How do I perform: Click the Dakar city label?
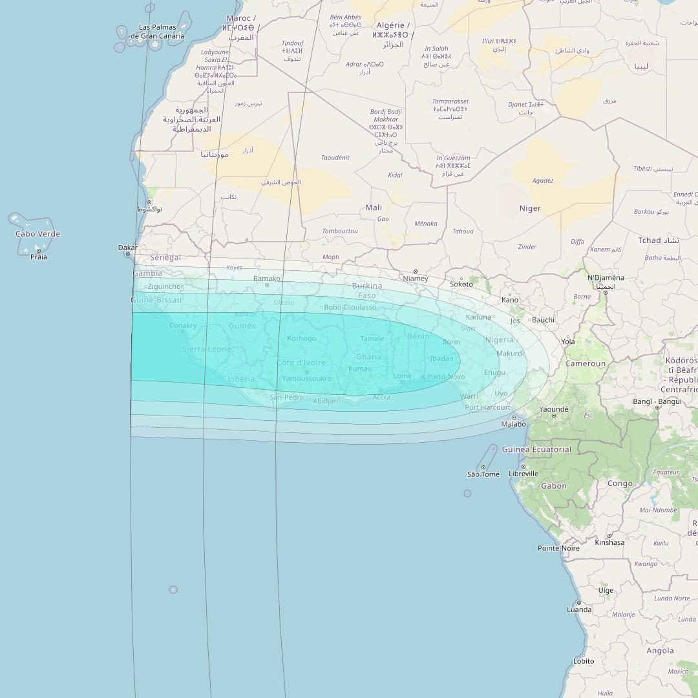pyautogui.click(x=127, y=248)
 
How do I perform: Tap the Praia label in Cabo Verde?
pyautogui.click(x=39, y=257)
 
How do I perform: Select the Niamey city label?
pyautogui.click(x=415, y=279)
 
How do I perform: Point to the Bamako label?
pyautogui.click(x=267, y=279)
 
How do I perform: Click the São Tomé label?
pyautogui.click(x=483, y=474)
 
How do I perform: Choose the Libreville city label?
pyautogui.click(x=523, y=474)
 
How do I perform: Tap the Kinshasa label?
pyautogui.click(x=609, y=542)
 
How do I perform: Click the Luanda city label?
pyautogui.click(x=579, y=609)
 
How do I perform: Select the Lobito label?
pyautogui.click(x=584, y=661)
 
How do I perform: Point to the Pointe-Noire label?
pyautogui.click(x=558, y=548)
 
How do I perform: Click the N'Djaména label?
pyautogui.click(x=606, y=278)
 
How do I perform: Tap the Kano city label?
pyautogui.click(x=510, y=300)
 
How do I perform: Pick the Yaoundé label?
pyautogui.click(x=554, y=409)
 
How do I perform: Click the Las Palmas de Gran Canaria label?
pyautogui.click(x=157, y=32)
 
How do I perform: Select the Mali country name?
pyautogui.click(x=374, y=207)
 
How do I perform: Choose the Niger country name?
pyautogui.click(x=530, y=208)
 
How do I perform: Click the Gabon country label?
pyautogui.click(x=554, y=486)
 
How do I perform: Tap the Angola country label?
pyautogui.click(x=660, y=651)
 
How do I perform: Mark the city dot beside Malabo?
pyautogui.click(x=514, y=418)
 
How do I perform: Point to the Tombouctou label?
pyautogui.click(x=340, y=231)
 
